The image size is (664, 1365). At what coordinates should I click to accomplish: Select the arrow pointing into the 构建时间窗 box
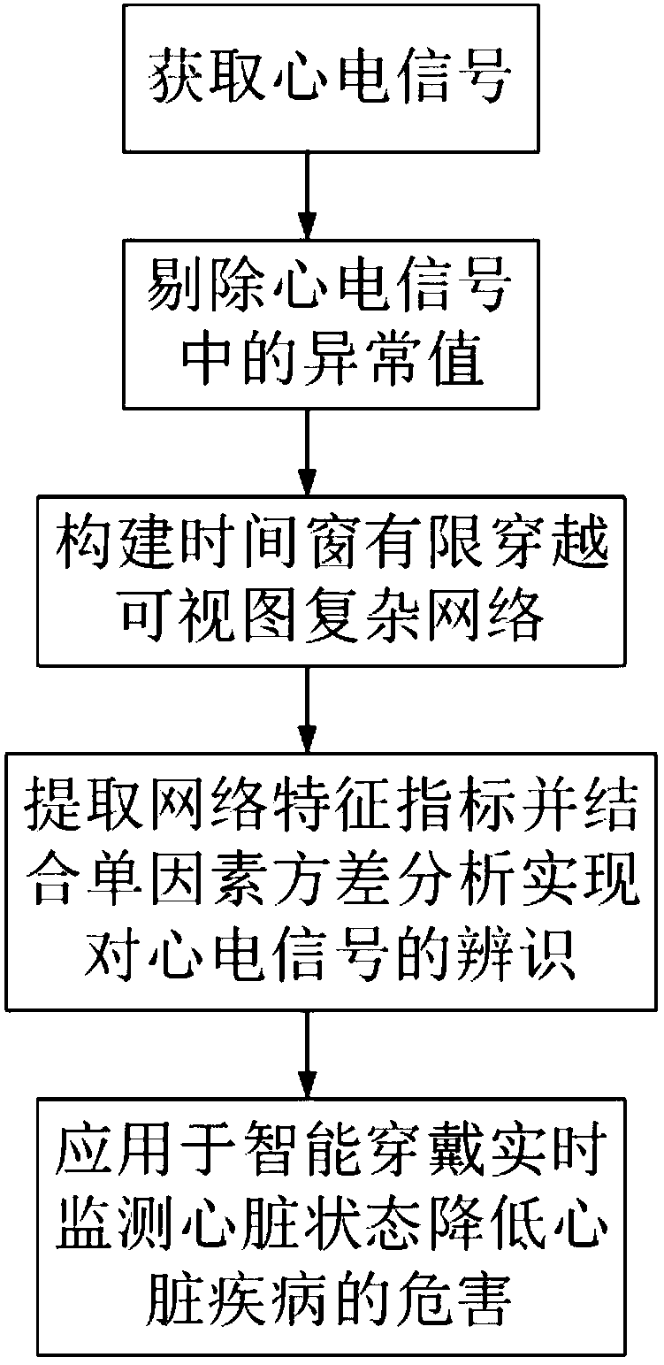pos(307,451)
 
